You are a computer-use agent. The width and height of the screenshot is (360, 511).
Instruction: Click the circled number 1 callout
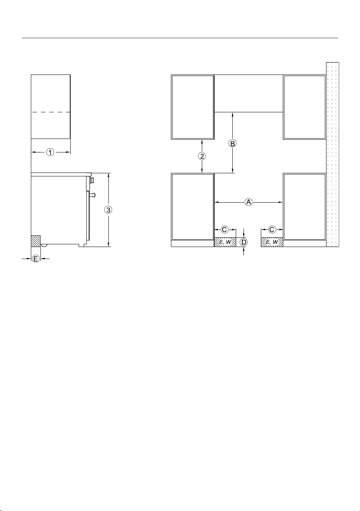click(x=50, y=152)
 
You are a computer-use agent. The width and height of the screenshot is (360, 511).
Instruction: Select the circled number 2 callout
click(x=202, y=156)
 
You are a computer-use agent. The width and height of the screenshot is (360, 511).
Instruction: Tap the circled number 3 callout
click(x=108, y=210)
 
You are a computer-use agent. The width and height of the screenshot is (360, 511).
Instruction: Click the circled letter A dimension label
click(x=248, y=202)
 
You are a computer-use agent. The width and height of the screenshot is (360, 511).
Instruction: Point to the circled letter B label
click(x=232, y=144)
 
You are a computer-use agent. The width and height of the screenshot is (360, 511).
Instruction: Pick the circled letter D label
click(x=243, y=242)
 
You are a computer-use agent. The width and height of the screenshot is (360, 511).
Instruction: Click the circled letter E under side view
click(x=35, y=259)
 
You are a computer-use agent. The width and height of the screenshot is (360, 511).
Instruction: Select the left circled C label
click(x=225, y=230)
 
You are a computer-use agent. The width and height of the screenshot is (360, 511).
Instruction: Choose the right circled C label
click(x=272, y=230)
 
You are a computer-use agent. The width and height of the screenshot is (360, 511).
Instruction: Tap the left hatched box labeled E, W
click(x=225, y=242)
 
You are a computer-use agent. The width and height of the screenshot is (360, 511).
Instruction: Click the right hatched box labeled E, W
click(x=272, y=242)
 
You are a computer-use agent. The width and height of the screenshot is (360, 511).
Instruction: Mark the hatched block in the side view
click(x=36, y=241)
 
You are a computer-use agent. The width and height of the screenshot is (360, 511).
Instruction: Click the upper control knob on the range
click(x=92, y=181)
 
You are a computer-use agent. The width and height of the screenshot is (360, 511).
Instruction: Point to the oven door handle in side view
click(x=92, y=195)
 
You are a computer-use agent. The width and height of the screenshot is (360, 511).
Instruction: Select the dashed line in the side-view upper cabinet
click(x=51, y=112)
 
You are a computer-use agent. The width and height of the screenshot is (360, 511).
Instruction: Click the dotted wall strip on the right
click(x=333, y=154)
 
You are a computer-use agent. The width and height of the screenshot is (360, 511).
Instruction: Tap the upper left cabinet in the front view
click(x=193, y=107)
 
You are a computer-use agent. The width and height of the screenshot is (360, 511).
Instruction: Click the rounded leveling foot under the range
click(x=44, y=245)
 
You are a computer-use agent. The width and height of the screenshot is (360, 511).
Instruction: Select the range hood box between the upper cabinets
click(x=248, y=93)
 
